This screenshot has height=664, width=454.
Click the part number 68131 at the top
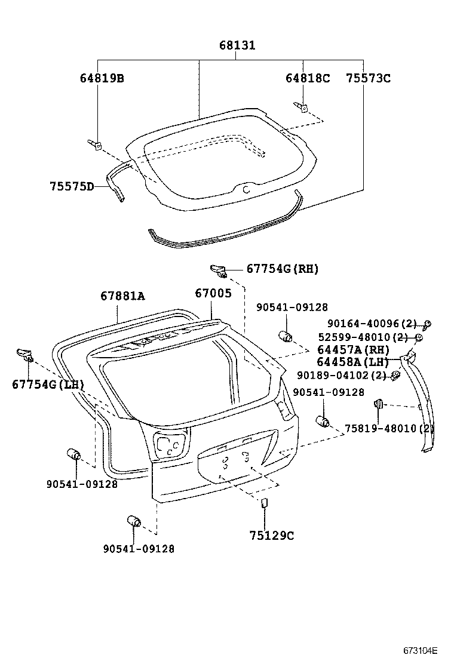[237, 45]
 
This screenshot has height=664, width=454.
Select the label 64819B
[102, 78]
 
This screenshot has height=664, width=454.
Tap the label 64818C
[308, 78]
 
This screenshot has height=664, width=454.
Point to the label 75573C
[368, 78]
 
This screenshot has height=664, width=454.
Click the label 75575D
[72, 186]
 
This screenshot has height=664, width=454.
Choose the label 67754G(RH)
[283, 269]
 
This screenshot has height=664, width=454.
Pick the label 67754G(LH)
[48, 385]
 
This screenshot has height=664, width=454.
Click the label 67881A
[122, 296]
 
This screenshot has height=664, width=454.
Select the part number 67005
[213, 293]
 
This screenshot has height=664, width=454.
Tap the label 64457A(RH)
[353, 350]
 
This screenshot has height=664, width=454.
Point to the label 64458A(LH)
[353, 362]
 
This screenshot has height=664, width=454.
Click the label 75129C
[271, 536]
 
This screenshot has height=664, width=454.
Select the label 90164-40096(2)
[372, 324]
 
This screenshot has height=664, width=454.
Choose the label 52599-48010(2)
[363, 337]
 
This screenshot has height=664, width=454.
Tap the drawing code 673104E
[420, 651]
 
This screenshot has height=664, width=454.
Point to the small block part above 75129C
[263, 503]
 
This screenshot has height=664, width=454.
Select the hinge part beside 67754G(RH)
[219, 270]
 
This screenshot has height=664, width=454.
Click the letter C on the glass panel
[247, 190]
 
